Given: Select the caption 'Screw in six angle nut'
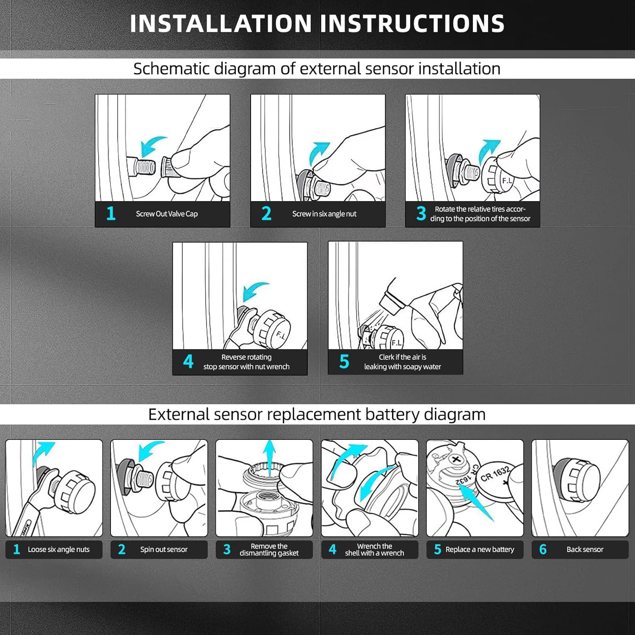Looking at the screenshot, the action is coord(324,214).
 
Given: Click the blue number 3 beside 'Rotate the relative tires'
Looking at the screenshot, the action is coord(421,213).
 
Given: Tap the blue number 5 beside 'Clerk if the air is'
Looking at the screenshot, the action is coord(344,362).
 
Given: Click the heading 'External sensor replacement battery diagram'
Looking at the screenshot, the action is coord(317,414).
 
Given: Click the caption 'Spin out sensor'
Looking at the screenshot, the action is coord(164,549).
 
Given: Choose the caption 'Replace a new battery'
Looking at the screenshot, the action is coord(480,549).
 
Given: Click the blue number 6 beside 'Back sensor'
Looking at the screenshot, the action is coord(543,549).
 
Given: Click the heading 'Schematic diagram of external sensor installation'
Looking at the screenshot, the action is coord(317,69).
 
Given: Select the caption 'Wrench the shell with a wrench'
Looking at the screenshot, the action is coord(374,549).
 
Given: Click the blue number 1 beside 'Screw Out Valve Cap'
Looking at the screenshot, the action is coord(111,213).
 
